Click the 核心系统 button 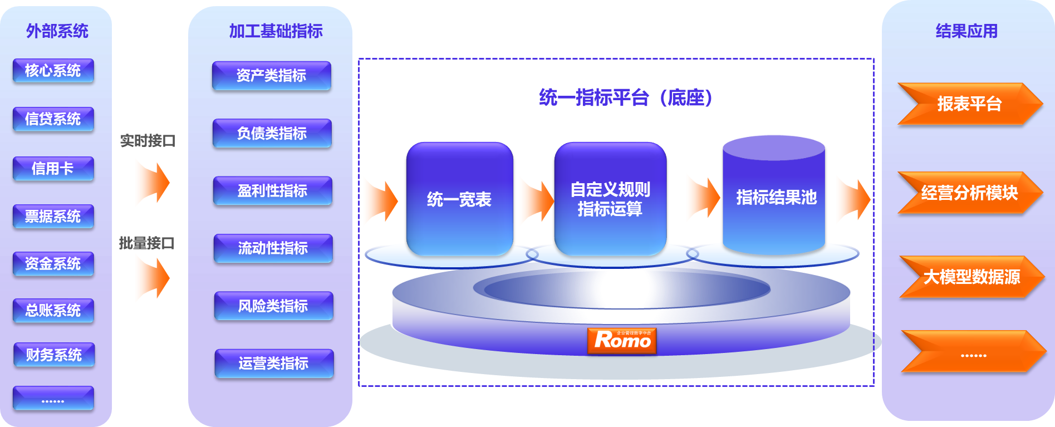click(x=53, y=71)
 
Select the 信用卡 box click(x=53, y=169)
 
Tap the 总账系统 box click(x=53, y=310)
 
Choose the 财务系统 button click(x=53, y=355)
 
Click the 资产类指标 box click(x=271, y=76)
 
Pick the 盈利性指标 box click(x=272, y=191)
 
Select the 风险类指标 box click(x=273, y=306)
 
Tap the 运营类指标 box click(x=274, y=364)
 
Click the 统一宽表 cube click(x=459, y=199)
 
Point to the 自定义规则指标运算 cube click(x=610, y=199)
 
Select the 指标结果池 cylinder click(x=775, y=197)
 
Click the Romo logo click(x=622, y=340)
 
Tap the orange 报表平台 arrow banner click(x=969, y=104)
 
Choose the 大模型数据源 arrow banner click(x=971, y=277)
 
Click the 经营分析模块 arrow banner click(x=969, y=193)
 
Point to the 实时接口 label click(x=148, y=141)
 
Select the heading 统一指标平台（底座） click(x=625, y=98)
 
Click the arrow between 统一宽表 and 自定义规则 click(x=536, y=201)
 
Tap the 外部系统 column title click(x=57, y=31)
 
